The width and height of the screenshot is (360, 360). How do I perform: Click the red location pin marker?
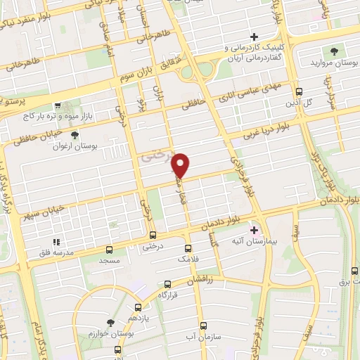click(x=181, y=166)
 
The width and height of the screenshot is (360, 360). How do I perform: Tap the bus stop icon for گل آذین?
click(x=299, y=91)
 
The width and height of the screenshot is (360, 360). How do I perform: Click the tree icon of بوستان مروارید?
click(x=335, y=51)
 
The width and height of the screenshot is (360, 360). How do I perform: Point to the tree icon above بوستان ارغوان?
click(x=75, y=134)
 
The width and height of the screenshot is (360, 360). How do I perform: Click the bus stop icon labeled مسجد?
click(x=109, y=249)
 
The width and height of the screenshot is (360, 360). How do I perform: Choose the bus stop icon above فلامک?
click(x=188, y=248)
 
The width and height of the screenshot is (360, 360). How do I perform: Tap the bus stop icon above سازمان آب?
click(x=203, y=326)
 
